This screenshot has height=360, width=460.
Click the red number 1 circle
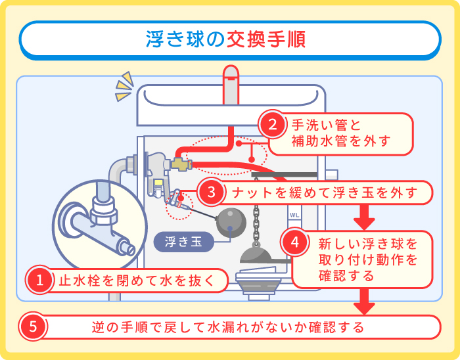(39, 281)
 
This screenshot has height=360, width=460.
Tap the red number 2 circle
(271, 125)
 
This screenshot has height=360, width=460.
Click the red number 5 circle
(34, 326)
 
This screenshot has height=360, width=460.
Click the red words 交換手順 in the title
(265, 39)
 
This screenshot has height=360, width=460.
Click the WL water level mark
(294, 215)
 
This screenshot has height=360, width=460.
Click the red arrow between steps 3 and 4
(363, 215)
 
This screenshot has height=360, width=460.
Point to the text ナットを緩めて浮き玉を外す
(325, 192)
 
